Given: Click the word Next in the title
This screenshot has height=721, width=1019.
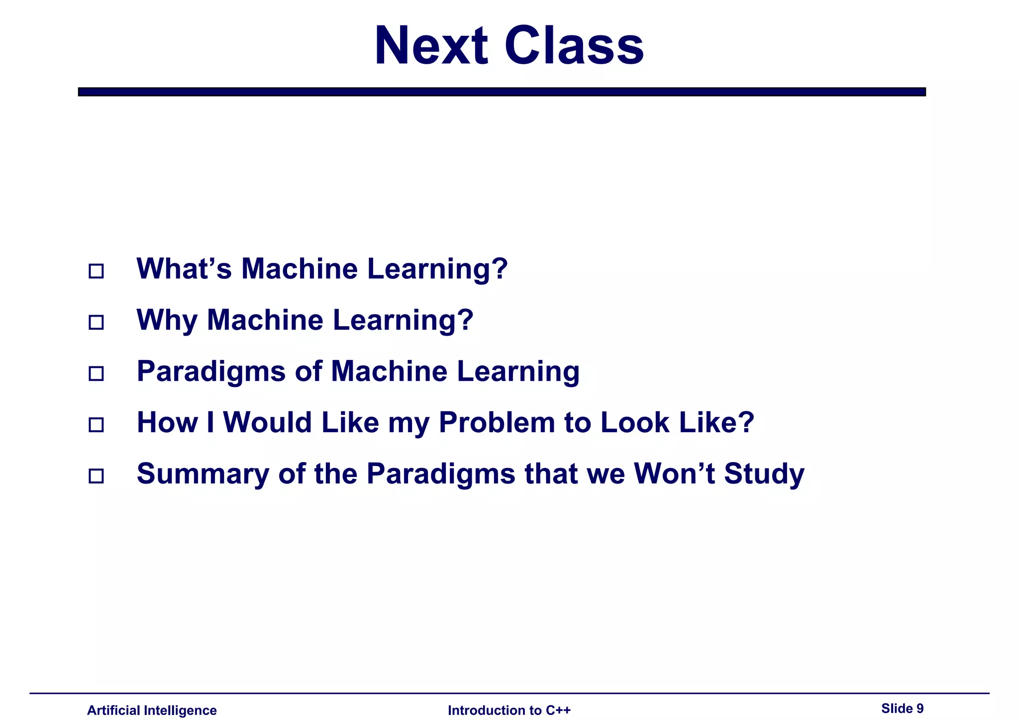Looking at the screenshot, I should [431, 46].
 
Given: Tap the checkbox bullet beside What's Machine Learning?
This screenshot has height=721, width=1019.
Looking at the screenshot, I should [96, 271].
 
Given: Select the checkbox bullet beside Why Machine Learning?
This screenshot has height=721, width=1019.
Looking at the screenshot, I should [96, 323].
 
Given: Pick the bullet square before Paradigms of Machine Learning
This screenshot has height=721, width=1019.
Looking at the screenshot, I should [96, 373].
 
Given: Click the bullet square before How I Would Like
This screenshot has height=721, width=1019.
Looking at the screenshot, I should [96, 425].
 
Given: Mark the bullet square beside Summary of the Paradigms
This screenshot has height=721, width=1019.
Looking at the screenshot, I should [96, 476].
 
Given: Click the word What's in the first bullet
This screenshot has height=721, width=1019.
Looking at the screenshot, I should [184, 269].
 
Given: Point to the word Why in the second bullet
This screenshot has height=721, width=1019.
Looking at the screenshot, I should [167, 320].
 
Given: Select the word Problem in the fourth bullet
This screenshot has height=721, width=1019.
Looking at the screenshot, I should [497, 422].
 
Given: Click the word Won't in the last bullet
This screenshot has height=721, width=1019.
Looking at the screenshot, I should [674, 474].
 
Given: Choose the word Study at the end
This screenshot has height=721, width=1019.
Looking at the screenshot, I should [764, 474].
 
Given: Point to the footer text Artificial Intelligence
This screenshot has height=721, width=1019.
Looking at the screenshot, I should [152, 710].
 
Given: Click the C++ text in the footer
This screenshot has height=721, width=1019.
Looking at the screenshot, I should [558, 710].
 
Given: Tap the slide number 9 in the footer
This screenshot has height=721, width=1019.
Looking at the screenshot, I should [919, 708].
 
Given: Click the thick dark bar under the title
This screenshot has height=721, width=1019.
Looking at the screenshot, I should [502, 92].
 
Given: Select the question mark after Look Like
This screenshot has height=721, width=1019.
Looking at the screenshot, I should [746, 422].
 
